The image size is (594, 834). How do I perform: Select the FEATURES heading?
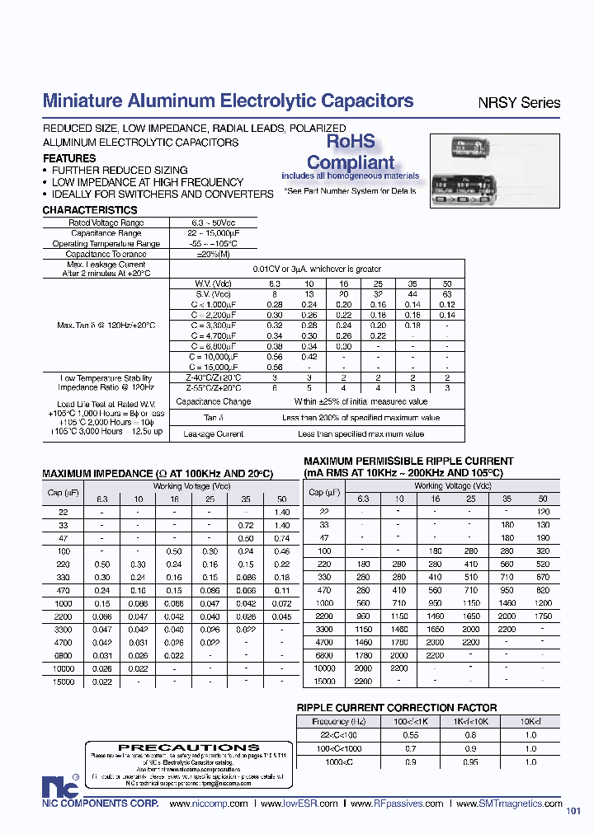pyautogui.click(x=69, y=158)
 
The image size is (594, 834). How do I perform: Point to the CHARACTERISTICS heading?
pyautogui.click(x=90, y=210)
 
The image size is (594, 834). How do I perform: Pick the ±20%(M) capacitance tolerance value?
pyautogui.click(x=212, y=255)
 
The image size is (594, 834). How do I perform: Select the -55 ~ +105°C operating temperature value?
pyautogui.click(x=212, y=244)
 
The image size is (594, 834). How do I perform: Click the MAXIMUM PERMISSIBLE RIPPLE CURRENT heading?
pyautogui.click(x=408, y=462)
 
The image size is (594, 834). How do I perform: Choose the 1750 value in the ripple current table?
pyautogui.click(x=542, y=616)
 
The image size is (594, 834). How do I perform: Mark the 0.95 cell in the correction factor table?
pyautogui.click(x=469, y=762)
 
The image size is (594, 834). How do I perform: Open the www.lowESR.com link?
pyautogui.click(x=299, y=804)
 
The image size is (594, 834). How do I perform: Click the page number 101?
pyautogui.click(x=573, y=811)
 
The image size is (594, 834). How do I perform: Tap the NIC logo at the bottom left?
pyautogui.click(x=56, y=786)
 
